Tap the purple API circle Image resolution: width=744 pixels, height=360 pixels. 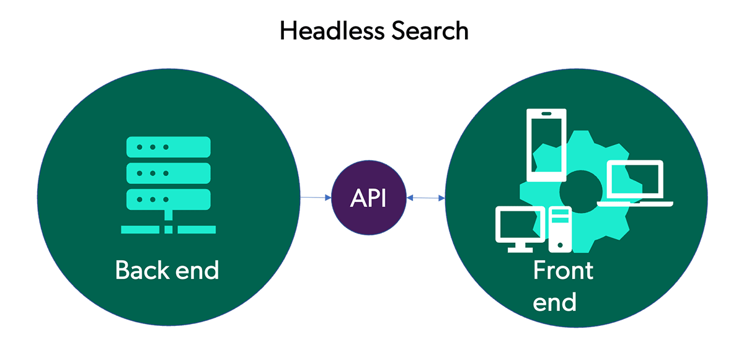click(369, 198)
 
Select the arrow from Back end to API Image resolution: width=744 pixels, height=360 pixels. click(316, 198)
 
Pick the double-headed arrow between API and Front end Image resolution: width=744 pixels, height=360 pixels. click(426, 198)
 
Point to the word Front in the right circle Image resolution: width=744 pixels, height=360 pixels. click(563, 271)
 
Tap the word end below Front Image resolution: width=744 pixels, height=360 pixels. click(555, 302)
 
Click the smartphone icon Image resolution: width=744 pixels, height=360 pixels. click(545, 145)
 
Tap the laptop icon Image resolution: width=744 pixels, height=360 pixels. click(635, 184)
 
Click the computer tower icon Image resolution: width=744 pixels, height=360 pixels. click(560, 229)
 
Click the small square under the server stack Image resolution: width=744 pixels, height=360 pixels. click(168, 229)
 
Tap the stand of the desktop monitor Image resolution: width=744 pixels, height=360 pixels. click(520, 247)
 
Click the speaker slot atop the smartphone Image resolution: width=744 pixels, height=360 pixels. click(545, 115)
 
